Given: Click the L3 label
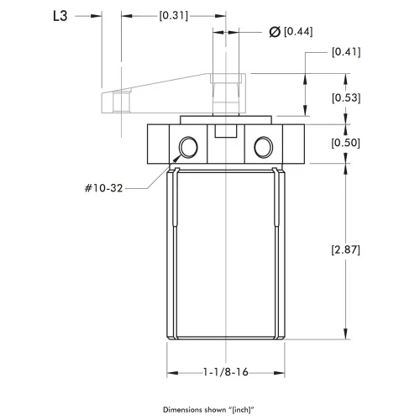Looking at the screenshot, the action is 60,16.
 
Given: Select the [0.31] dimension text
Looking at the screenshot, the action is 174,15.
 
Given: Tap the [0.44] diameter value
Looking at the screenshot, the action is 298,31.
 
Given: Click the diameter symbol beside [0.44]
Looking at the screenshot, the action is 275,32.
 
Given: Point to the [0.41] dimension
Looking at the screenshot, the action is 346,52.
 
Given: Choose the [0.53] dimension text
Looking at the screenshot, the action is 346,97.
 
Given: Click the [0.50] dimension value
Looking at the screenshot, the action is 345,143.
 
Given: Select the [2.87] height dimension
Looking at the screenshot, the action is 345,249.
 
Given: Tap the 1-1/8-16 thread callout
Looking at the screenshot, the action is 226,372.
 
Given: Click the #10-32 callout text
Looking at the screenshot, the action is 104,188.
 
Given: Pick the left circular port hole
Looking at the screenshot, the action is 188,147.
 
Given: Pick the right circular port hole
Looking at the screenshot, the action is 264,147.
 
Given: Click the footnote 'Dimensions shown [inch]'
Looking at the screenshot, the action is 208,410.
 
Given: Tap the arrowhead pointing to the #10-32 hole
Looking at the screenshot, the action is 176,159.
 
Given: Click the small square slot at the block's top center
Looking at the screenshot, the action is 226,131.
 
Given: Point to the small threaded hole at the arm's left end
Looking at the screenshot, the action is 122,102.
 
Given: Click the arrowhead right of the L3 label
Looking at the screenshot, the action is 96,16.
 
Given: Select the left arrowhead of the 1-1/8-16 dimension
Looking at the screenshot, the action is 172,373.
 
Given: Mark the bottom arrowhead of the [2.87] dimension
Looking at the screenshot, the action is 346,333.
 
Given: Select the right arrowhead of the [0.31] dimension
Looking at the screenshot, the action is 220,16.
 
